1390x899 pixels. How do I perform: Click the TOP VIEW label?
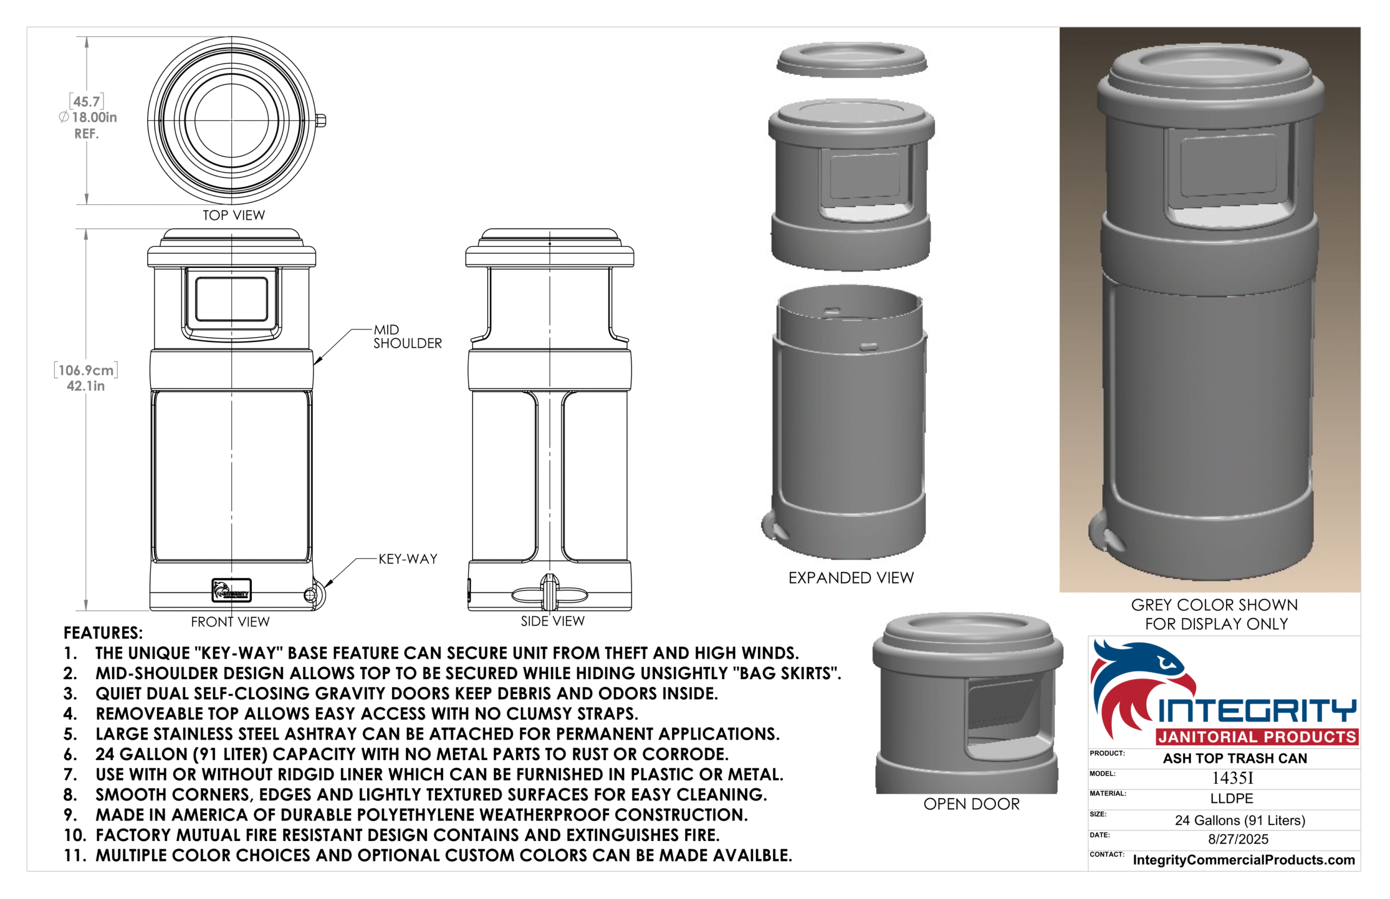(233, 216)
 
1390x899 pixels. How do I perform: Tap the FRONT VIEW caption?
(230, 622)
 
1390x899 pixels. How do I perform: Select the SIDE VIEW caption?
(552, 621)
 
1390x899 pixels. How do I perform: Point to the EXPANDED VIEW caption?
(851, 578)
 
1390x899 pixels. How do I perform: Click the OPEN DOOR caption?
(971, 805)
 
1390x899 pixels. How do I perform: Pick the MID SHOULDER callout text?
(407, 337)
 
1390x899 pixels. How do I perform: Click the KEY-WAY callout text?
(408, 559)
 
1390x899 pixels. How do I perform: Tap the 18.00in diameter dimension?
(88, 117)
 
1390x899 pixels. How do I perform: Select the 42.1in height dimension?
(86, 386)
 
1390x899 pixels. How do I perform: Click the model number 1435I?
(1233, 778)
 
